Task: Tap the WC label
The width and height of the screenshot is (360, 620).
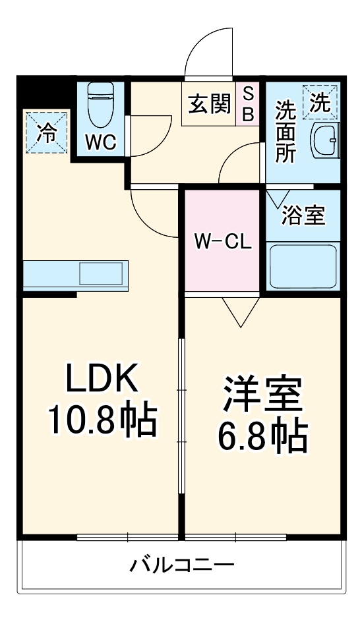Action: coord(101,142)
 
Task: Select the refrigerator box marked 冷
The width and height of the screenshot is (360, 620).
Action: coord(47,131)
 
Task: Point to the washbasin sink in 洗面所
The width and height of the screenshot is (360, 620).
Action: coord(326,140)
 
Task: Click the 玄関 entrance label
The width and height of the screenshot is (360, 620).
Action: coord(209,104)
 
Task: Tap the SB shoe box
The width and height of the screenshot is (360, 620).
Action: coord(249,104)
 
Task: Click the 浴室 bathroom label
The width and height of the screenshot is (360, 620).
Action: coord(303,215)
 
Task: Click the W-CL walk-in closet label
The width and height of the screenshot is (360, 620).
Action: coord(222,241)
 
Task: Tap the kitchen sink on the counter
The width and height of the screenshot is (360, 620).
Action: coord(102,273)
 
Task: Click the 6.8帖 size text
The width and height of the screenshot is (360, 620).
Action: coord(262,436)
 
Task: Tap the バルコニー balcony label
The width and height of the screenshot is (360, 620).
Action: coord(181,565)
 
